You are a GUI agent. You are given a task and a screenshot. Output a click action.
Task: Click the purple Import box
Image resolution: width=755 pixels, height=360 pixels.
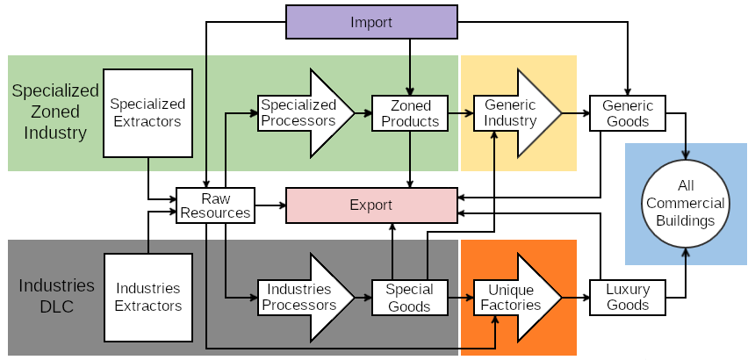(x=371, y=22)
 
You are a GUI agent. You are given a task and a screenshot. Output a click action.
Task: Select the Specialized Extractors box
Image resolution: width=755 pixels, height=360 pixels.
(x=147, y=113)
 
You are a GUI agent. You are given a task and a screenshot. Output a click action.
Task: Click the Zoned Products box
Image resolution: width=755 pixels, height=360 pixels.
(x=410, y=113)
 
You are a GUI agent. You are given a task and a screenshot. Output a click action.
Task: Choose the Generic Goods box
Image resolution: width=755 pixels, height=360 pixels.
(x=628, y=113)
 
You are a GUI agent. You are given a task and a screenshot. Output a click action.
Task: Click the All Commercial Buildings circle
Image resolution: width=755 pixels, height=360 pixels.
(x=686, y=205)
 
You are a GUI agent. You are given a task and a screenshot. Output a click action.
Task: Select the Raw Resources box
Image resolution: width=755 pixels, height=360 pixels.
(x=215, y=205)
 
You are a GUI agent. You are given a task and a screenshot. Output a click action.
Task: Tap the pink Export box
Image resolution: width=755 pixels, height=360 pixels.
(x=371, y=205)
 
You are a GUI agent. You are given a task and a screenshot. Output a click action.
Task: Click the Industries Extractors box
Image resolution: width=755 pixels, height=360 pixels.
(x=147, y=297)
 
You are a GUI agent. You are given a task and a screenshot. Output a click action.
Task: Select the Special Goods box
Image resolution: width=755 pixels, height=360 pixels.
(x=410, y=297)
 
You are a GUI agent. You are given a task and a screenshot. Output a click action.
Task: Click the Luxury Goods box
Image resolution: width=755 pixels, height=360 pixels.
(x=628, y=297)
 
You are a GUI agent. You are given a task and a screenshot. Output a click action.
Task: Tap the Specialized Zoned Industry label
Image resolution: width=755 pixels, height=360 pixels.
(x=54, y=112)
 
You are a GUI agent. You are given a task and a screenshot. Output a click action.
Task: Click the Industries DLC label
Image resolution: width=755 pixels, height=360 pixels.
(x=56, y=296)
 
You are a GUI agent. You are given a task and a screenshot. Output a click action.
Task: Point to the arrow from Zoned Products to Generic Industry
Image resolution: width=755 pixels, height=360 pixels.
(x=461, y=113)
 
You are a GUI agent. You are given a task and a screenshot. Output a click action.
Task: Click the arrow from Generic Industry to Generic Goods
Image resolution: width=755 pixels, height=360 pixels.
(x=575, y=113)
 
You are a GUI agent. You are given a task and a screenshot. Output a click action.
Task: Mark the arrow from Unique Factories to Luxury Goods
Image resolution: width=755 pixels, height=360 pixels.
(x=575, y=297)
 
